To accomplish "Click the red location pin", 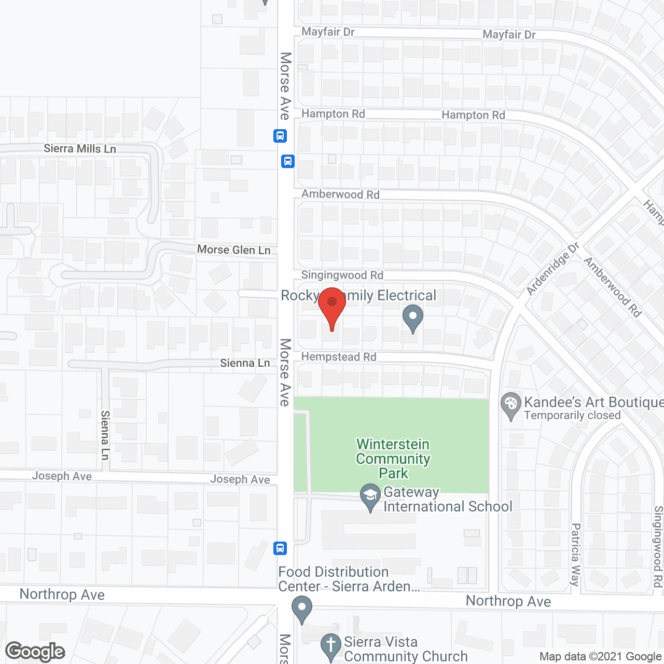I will click(332, 306).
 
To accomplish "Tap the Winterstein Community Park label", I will click(393, 459).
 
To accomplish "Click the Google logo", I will click(35, 652).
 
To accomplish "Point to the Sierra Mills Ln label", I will click(80, 149).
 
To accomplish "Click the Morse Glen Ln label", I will click(234, 250).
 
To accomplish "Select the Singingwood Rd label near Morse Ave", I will click(342, 275).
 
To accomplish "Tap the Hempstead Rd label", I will click(339, 357).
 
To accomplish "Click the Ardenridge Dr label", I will click(552, 269).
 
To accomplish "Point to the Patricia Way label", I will click(575, 555).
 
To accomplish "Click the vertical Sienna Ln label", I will click(105, 435).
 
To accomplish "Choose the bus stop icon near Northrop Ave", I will click(280, 548).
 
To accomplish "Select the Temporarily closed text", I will click(572, 416).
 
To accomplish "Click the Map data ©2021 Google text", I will click(601, 657).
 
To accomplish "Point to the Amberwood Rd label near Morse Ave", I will click(341, 195).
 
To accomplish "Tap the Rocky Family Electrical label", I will click(358, 296).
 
